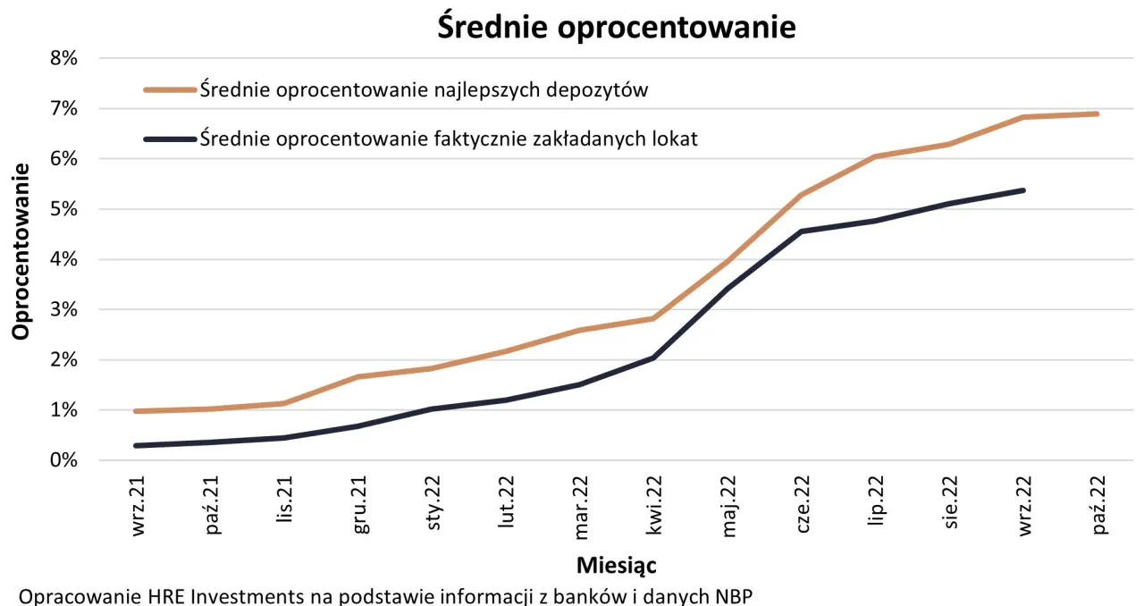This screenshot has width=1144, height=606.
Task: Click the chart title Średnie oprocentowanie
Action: tap(616, 27)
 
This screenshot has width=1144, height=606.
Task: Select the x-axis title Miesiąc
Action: tap(617, 565)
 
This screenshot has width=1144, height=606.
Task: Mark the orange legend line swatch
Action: tap(169, 89)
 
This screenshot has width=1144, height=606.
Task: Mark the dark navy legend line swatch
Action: tap(169, 139)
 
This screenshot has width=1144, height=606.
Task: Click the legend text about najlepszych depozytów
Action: tap(424, 89)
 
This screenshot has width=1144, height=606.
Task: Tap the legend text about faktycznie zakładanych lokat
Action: tap(449, 139)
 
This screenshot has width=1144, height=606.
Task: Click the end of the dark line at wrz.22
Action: tap(1023, 190)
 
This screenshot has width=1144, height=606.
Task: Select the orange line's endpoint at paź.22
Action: tap(1097, 114)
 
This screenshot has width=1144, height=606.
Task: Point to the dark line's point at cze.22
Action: tap(802, 231)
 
